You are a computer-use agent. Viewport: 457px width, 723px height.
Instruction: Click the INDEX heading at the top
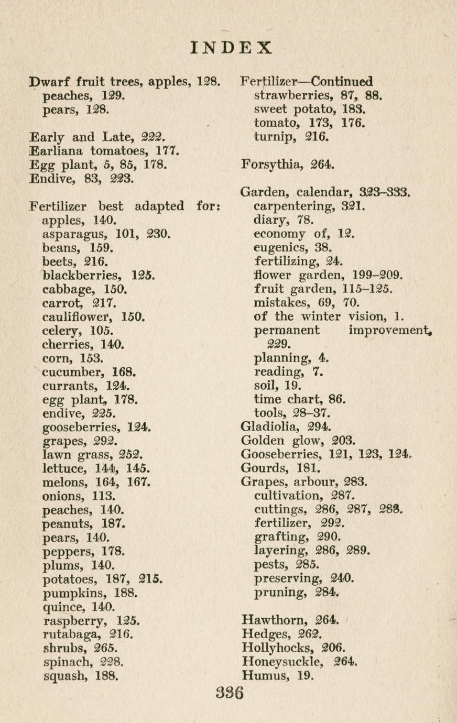(231, 48)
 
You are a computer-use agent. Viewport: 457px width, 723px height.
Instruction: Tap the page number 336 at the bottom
(230, 693)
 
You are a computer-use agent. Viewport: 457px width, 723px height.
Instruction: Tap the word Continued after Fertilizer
(343, 82)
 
